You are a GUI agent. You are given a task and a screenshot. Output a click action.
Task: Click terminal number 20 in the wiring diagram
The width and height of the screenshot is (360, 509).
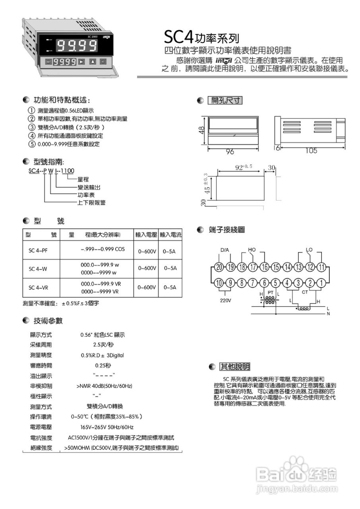[219, 267]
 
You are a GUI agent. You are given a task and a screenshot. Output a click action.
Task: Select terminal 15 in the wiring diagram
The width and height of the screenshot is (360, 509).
[276, 267]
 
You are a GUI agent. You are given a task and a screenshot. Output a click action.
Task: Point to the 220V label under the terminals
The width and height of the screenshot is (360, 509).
[226, 301]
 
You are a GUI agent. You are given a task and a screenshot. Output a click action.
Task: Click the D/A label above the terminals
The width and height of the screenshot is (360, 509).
[225, 250]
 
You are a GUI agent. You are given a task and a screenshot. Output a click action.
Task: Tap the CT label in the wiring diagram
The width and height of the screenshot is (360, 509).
[305, 292]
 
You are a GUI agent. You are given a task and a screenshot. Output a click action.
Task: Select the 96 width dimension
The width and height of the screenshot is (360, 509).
[230, 152]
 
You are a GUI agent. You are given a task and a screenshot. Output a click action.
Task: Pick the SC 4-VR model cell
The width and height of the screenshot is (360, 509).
[38, 287]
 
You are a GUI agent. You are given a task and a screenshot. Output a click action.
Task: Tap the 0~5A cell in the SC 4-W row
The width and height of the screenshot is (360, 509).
[170, 268]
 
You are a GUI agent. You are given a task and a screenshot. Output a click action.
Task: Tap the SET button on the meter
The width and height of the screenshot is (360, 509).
[48, 62]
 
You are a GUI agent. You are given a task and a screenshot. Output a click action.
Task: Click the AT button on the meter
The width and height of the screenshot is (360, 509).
[103, 62]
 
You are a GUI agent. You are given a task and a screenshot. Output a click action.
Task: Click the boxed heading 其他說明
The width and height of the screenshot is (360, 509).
[235, 366]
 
